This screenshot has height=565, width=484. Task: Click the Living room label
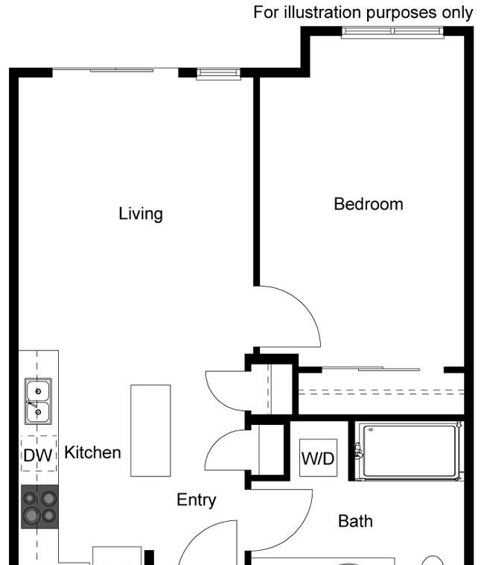tap(141, 214)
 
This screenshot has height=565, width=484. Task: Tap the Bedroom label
tap(368, 204)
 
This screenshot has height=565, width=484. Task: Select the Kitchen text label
tap(92, 452)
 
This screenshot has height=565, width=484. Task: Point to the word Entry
tap(197, 500)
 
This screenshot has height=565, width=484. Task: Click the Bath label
tap(355, 521)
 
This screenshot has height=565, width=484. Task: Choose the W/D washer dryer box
tap(318, 459)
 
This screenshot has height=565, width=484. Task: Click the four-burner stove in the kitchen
tap(39, 507)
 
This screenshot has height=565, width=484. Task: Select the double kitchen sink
tap(38, 401)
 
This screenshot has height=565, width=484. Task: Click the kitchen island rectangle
tap(150, 430)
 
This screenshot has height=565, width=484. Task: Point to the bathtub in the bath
tap(410, 451)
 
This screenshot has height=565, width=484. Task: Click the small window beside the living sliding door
tap(219, 73)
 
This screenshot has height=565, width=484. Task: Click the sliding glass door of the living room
tap(115, 70)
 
